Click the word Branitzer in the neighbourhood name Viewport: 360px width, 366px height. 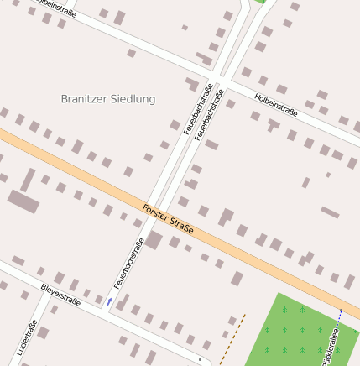[84, 99]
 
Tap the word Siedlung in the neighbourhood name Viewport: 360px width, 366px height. [133, 99]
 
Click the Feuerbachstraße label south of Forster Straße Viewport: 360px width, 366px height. [130, 263]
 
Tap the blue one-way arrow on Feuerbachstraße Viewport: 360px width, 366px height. [109, 300]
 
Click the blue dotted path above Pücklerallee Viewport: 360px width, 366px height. [341, 315]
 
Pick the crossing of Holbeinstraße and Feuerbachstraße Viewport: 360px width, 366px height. [217, 77]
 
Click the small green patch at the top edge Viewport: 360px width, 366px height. [262, 2]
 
